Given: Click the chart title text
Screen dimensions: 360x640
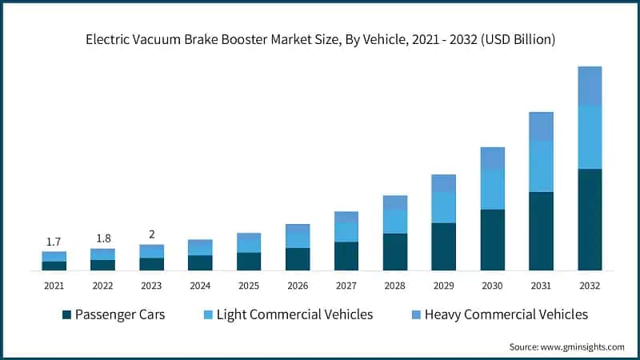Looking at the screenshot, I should [x=320, y=38].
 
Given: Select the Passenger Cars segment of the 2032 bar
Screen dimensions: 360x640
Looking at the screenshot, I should [x=590, y=219].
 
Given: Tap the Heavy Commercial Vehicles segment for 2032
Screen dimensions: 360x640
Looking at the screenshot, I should [x=590, y=86].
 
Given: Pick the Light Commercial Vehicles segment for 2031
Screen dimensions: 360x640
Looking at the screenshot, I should [x=541, y=166].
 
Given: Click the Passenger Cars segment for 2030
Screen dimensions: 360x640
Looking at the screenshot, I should [x=492, y=240].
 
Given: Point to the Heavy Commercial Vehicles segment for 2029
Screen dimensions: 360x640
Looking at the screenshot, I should [x=443, y=183].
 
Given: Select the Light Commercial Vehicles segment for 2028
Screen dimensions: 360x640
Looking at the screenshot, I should [x=395, y=222].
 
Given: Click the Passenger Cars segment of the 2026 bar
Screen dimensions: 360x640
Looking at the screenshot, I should [x=298, y=259].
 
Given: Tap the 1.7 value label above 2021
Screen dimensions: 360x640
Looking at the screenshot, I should [x=54, y=242].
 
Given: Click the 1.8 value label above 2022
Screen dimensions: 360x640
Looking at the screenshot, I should [x=103, y=238].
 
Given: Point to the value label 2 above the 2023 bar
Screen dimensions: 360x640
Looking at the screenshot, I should [x=152, y=234].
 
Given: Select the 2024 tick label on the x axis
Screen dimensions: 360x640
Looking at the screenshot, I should [x=200, y=286].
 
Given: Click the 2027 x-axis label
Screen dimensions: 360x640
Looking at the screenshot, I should [x=346, y=286].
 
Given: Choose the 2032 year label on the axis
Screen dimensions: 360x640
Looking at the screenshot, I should [x=590, y=286].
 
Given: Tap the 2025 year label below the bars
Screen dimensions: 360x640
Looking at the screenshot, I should [x=249, y=286].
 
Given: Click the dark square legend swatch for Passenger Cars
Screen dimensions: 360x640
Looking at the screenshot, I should [x=66, y=314].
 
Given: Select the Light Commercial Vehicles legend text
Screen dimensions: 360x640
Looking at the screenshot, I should [x=294, y=314].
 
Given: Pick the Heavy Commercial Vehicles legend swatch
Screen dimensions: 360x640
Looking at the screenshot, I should [x=414, y=314].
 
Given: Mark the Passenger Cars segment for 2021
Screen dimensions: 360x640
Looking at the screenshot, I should [x=54, y=266].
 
